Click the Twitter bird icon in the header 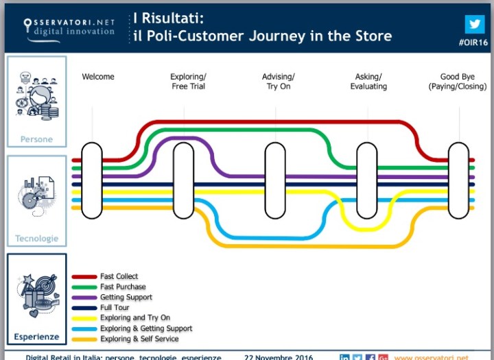click(x=473, y=24)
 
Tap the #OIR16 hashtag click(x=472, y=43)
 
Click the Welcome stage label click(x=98, y=77)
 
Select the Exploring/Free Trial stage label click(x=188, y=82)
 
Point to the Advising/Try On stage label click(x=278, y=82)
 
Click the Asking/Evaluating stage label click(x=368, y=82)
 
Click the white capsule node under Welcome click(x=92, y=180)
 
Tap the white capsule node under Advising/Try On click(x=275, y=180)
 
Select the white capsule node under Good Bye click(x=458, y=180)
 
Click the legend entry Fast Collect click(x=119, y=276)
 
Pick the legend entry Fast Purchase click(x=123, y=287)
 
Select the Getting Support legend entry click(x=126, y=297)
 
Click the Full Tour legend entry click(x=115, y=308)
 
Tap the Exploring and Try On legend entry click(x=135, y=318)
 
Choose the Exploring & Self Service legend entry click(x=139, y=339)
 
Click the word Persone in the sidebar click(x=36, y=139)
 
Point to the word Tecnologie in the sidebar click(x=36, y=239)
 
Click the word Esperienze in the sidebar click(x=36, y=337)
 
